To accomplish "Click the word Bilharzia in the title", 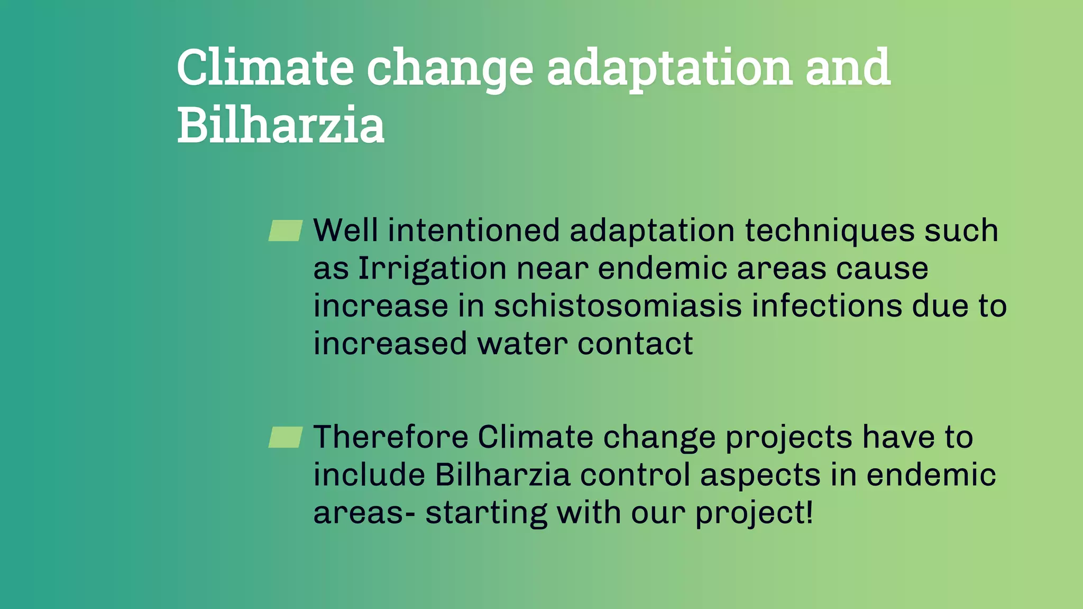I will click(280, 125).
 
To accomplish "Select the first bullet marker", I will click(286, 231).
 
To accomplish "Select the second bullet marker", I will click(286, 437).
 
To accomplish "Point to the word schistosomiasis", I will click(618, 307).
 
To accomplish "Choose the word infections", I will click(827, 307).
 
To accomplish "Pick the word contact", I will click(635, 344).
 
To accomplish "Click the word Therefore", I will click(391, 437).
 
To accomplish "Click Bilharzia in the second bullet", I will click(502, 475).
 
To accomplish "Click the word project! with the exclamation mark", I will click(754, 513).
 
